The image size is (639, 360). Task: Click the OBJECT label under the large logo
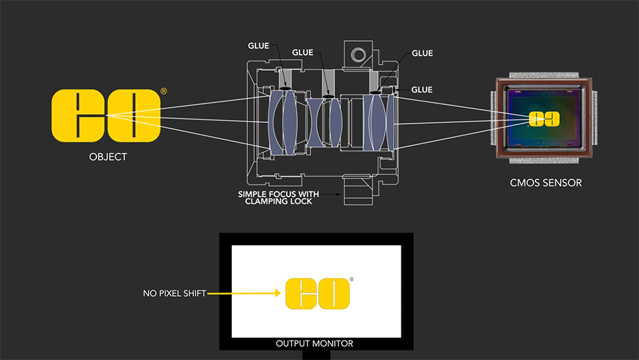[108, 156]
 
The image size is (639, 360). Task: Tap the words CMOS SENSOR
[545, 183]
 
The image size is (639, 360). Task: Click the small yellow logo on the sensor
[545, 119]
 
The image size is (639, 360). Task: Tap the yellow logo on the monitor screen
[316, 293]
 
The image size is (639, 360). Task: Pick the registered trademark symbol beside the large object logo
[163, 91]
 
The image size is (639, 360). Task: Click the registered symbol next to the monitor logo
[351, 280]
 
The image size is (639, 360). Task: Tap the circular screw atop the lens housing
[358, 54]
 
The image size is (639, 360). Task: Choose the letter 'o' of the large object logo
[133, 115]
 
